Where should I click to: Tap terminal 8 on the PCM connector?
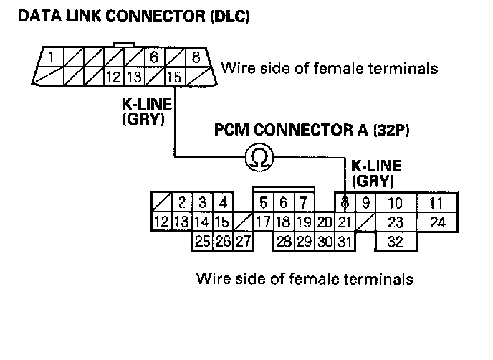(345, 202)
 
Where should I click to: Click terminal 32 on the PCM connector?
(395, 242)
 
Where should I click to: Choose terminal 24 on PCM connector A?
(438, 222)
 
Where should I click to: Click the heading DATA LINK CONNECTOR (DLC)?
(133, 16)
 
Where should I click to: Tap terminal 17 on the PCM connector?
(264, 222)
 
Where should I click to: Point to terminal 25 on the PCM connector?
(203, 242)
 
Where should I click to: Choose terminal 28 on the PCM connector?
(284, 242)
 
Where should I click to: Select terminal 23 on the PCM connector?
(395, 222)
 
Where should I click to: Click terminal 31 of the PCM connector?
(345, 242)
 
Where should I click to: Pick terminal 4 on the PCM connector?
(223, 202)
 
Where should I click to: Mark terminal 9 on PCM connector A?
(365, 202)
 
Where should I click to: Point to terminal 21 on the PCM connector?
(345, 222)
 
